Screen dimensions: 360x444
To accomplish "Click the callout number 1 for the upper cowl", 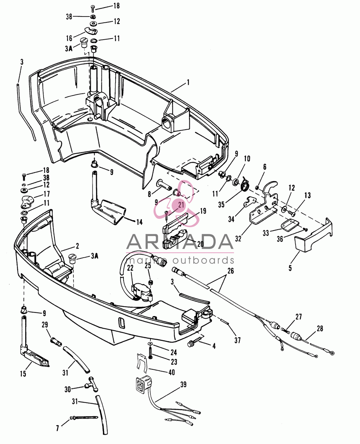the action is coord(188,83).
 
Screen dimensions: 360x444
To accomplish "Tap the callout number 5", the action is coord(290,268).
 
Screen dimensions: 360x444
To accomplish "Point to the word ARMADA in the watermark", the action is coord(180,241).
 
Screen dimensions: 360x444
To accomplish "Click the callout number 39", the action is coord(183,385).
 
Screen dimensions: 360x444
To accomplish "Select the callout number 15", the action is coord(23,373).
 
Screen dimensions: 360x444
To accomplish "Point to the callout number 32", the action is coord(238,239).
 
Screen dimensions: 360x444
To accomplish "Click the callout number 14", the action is coord(139,222).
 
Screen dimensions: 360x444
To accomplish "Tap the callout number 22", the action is coord(130,268).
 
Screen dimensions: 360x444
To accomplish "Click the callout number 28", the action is coord(320,329).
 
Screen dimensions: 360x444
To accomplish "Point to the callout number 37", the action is coord(237,341).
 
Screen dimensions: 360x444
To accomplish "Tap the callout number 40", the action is coord(172,372).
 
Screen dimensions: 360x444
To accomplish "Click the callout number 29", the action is coord(45,325).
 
